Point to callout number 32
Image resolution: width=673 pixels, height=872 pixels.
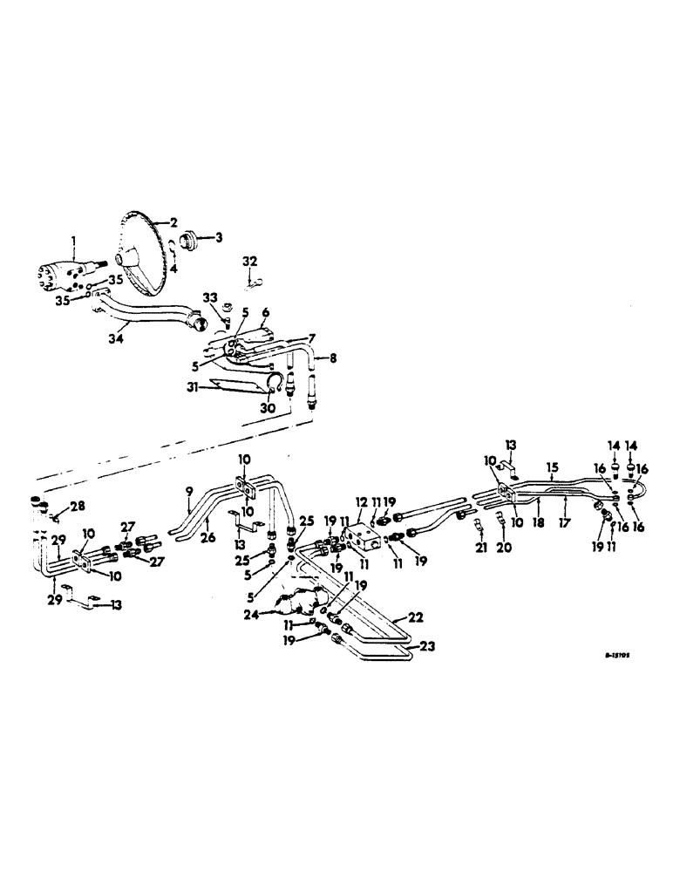click(x=250, y=261)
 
